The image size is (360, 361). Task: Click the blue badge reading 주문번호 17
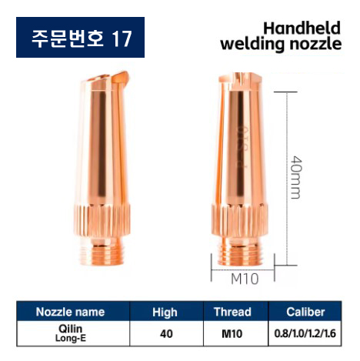point(80,37)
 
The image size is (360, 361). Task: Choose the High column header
point(165,312)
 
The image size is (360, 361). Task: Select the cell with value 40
point(165,333)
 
